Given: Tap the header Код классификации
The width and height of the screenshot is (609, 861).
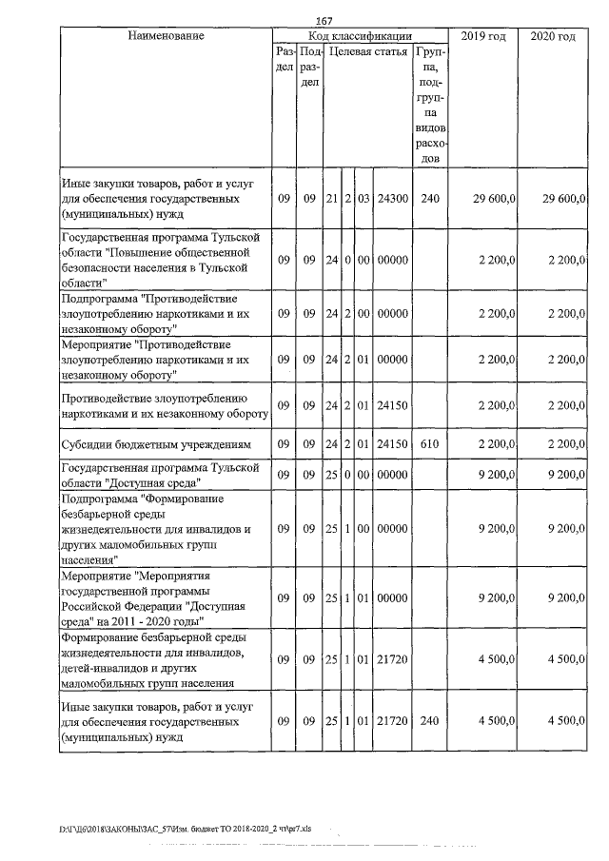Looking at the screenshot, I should click(x=360, y=36).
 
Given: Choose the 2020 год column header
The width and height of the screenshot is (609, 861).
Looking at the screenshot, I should click(x=552, y=36).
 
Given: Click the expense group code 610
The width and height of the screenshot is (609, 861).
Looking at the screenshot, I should click(x=430, y=444).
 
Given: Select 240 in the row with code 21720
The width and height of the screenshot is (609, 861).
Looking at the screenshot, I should click(x=430, y=721).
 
